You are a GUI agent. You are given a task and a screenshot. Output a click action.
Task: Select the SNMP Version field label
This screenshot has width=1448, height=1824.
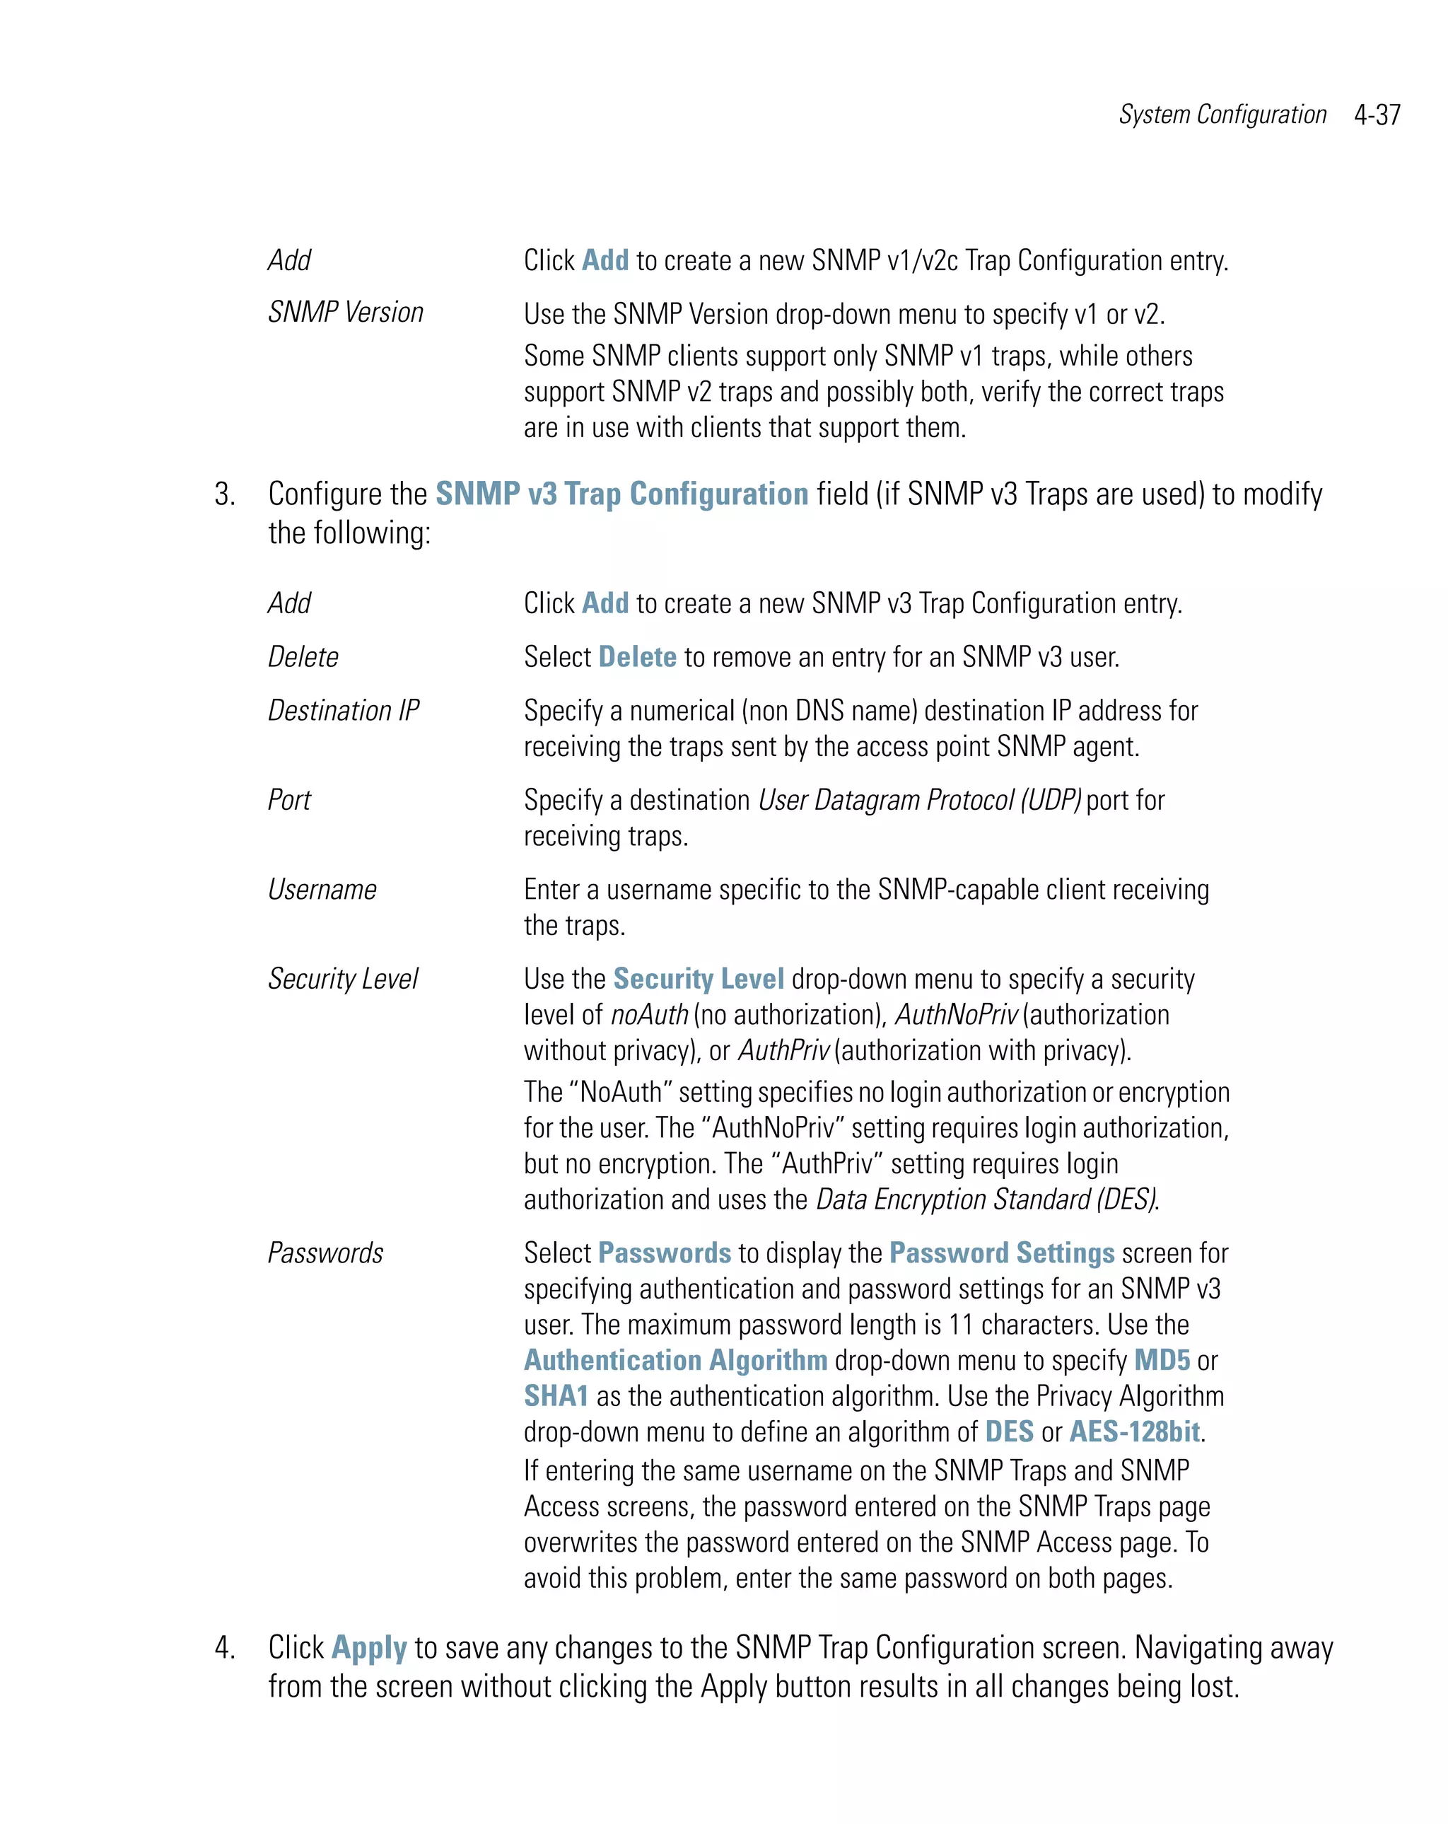345,312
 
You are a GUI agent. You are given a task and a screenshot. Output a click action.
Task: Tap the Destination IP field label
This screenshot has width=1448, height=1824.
344,710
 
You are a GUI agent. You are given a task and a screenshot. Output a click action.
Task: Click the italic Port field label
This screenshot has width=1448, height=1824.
289,799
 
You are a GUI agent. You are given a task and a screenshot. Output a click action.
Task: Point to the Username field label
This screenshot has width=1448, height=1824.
322,889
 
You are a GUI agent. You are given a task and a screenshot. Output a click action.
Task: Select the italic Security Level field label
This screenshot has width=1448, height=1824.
342,979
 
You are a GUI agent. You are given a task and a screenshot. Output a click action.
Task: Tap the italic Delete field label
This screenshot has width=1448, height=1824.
303,656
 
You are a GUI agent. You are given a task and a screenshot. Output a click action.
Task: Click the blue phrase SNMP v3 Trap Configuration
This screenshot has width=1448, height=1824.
621,494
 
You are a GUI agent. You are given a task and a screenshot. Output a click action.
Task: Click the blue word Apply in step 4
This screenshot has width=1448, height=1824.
370,1648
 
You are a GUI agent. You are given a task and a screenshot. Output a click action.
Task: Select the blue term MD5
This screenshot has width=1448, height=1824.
1161,1360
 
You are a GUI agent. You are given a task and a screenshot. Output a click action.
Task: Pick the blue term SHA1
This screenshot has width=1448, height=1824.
556,1396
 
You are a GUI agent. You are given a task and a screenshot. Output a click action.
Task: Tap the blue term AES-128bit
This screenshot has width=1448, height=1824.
1134,1431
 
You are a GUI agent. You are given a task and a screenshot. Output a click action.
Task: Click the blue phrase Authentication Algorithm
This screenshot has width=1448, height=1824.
675,1360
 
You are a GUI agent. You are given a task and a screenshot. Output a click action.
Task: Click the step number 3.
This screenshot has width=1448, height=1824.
224,495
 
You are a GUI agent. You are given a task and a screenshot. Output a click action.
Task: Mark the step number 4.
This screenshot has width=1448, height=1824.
224,1648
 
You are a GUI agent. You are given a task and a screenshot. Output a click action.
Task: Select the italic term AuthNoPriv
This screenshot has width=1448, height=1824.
957,1014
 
